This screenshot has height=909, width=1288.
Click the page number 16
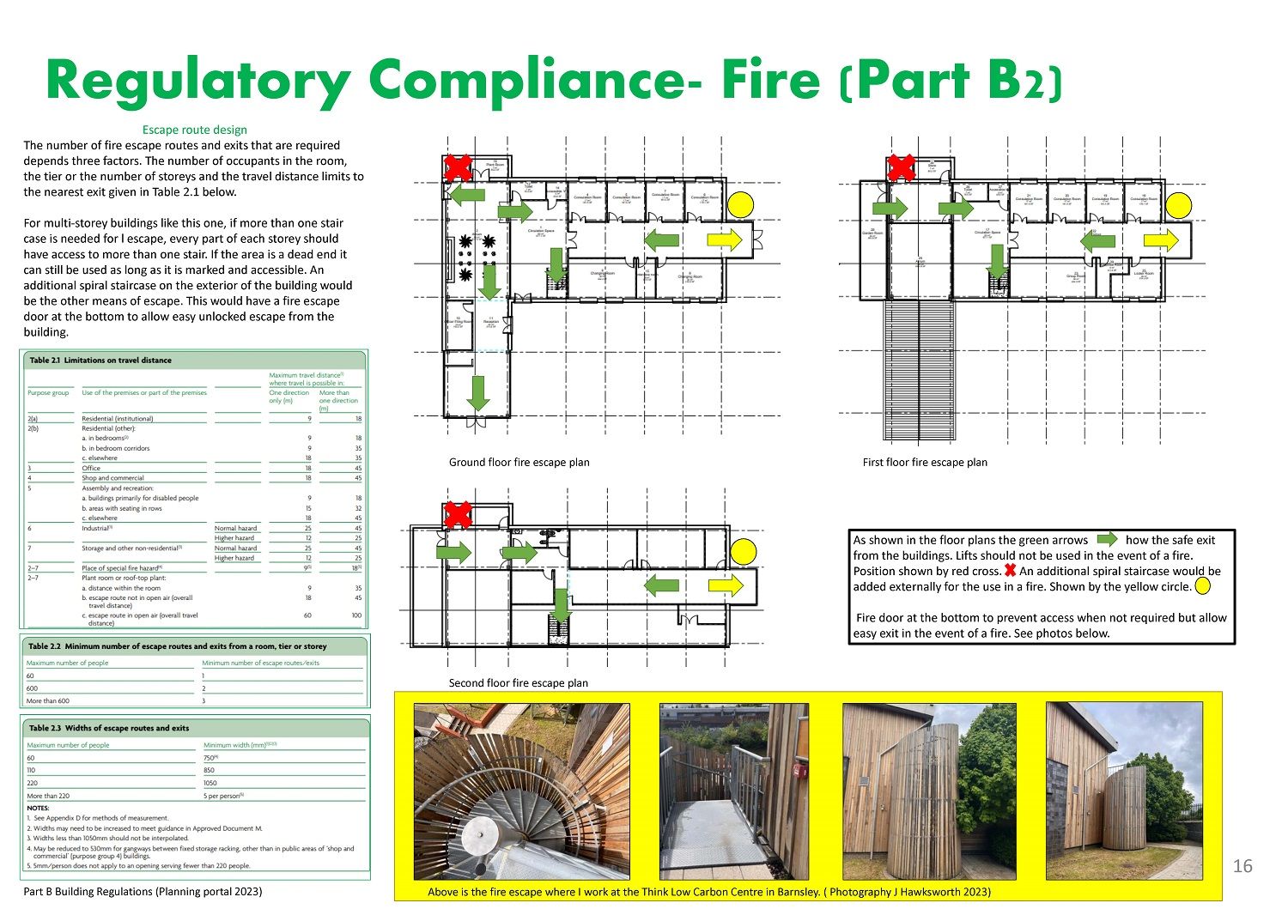pos(1242,866)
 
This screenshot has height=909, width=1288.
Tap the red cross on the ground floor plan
pos(458,167)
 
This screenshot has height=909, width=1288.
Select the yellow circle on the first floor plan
pos(1179,205)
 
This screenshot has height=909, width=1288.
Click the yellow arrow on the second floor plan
pos(726,586)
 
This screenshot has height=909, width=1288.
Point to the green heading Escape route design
pos(194,130)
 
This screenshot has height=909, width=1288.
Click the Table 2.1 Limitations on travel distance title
pos(100,361)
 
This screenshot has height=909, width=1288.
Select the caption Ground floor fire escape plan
pos(519,463)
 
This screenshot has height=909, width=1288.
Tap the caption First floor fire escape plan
pos(925,463)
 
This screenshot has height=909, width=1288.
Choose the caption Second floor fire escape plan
pos(519,683)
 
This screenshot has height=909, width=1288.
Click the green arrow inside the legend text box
pos(1107,540)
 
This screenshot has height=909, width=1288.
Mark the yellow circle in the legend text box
pos(1202,587)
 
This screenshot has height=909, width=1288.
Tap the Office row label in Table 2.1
pos(91,469)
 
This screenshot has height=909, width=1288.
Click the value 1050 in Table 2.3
pos(210,783)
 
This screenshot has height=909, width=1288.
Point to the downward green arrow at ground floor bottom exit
pos(477,393)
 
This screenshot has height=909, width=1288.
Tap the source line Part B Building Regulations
pos(143,892)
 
